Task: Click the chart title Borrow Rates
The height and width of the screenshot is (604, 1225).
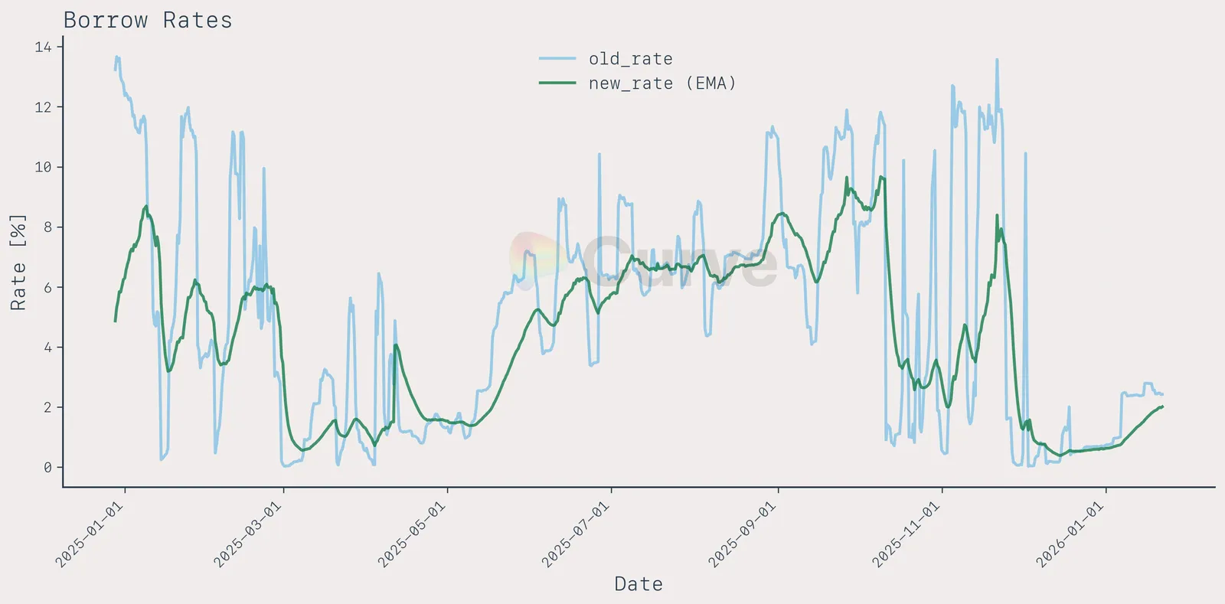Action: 147,20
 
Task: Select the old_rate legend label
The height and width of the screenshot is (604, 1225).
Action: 630,59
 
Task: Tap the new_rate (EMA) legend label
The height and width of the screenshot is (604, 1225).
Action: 661,83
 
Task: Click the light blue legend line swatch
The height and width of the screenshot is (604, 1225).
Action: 557,59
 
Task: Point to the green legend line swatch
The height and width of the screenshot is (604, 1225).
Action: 557,83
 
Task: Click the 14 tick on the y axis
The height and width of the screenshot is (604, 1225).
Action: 43,47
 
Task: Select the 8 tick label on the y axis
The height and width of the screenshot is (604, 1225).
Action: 47,227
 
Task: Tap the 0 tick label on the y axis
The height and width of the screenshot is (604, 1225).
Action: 47,467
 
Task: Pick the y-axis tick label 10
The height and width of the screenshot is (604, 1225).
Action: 43,167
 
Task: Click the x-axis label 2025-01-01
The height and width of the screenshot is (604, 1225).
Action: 90,534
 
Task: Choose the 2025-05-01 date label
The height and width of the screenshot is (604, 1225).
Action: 412,534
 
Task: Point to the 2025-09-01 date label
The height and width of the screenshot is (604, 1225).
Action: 743,534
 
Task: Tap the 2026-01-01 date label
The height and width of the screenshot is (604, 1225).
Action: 1070,534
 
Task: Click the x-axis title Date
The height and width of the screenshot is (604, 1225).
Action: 639,584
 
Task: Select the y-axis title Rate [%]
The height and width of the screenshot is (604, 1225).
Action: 18,262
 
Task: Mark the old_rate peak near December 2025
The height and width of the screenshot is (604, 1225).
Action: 997,60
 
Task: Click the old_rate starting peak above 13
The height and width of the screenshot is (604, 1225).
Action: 116,57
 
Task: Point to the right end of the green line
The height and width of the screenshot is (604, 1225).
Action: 1162,406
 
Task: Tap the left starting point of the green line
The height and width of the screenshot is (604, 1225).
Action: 116,321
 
